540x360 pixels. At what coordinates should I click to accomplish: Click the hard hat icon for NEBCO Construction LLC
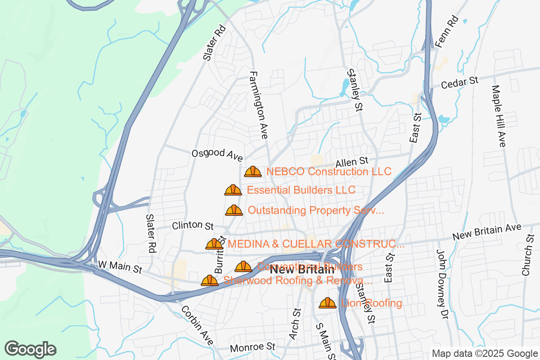pos(253,171)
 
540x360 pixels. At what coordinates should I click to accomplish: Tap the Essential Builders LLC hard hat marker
pos(233,190)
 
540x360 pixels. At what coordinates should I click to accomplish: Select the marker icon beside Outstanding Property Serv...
pos(234,210)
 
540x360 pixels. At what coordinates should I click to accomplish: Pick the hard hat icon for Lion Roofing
pos(328,303)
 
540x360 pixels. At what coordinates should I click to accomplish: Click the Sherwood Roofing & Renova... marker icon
pos(210,280)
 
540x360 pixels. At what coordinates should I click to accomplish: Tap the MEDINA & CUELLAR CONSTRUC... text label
pos(316,244)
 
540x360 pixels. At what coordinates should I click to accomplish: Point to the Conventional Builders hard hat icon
pos(243,266)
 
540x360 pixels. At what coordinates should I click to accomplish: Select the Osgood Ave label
pos(217,154)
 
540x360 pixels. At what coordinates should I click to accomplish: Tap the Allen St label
pos(352,162)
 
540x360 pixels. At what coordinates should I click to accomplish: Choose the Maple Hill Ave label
pos(499,116)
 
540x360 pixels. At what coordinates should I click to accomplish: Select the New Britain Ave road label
pos(487,232)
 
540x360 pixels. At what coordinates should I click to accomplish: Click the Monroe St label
pos(252,347)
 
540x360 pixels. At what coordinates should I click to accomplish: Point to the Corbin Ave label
pos(197,326)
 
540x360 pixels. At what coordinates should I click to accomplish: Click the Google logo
pos(31,349)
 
